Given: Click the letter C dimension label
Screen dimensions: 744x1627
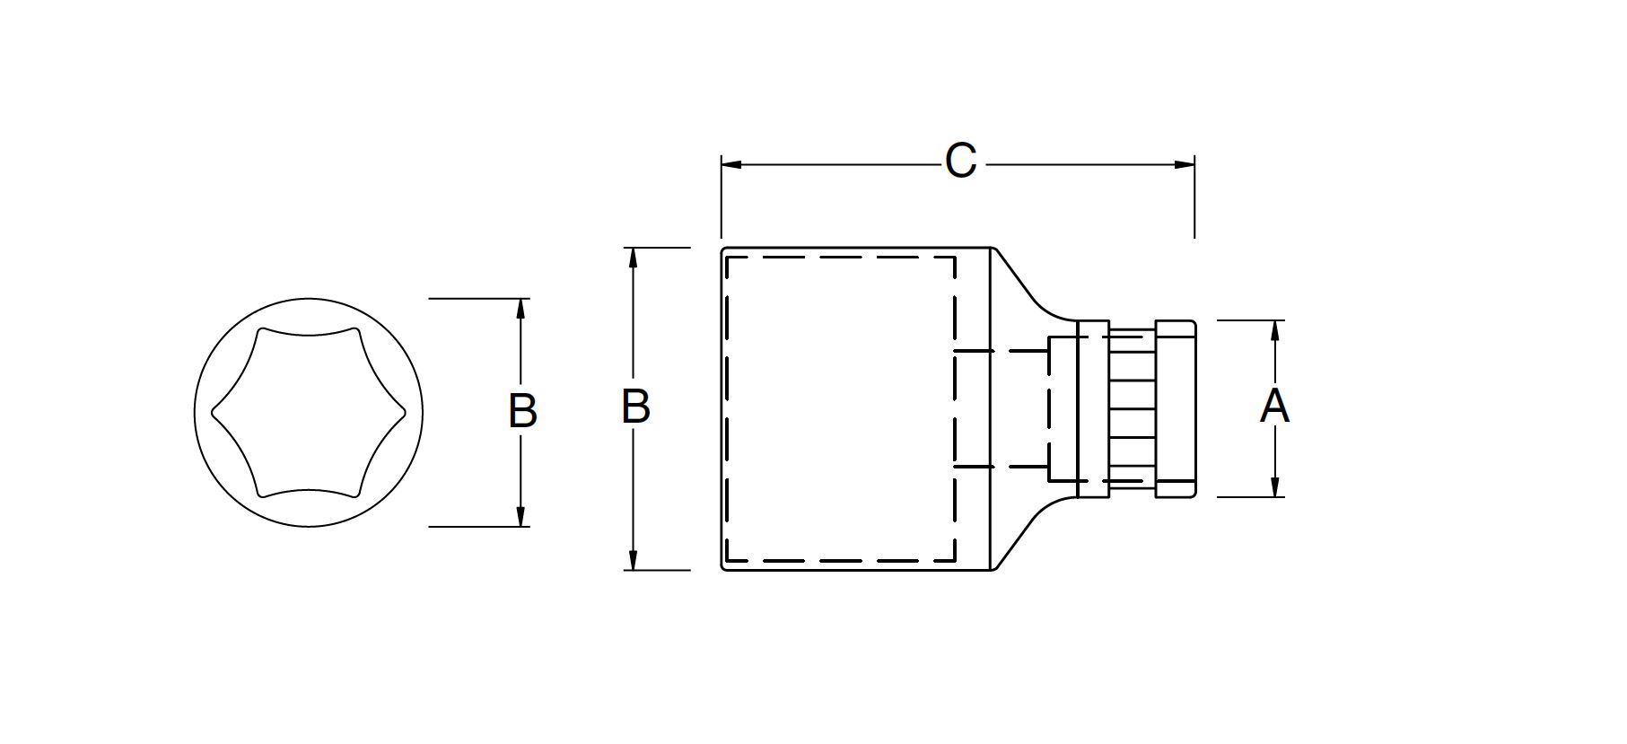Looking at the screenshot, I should pyautogui.click(x=960, y=162).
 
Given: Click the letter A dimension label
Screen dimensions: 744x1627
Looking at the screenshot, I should pyautogui.click(x=1274, y=407).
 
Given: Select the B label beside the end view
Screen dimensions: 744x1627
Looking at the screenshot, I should pyautogui.click(x=522, y=411).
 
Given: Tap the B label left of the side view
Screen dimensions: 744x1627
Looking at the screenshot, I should pyautogui.click(x=635, y=407).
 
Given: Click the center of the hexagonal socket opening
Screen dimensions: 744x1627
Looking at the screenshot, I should pyautogui.click(x=309, y=412).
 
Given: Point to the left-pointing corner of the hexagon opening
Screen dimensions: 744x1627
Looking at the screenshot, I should pyautogui.click(x=214, y=413).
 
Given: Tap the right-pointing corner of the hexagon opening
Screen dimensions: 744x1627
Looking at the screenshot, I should pyautogui.click(x=405, y=413).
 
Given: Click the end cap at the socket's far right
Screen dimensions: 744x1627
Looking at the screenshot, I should pyautogui.click(x=1175, y=408).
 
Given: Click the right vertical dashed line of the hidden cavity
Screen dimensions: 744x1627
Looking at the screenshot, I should pyautogui.click(x=955, y=409).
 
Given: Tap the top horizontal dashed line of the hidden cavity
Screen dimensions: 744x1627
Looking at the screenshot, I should pyautogui.click(x=839, y=258).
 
